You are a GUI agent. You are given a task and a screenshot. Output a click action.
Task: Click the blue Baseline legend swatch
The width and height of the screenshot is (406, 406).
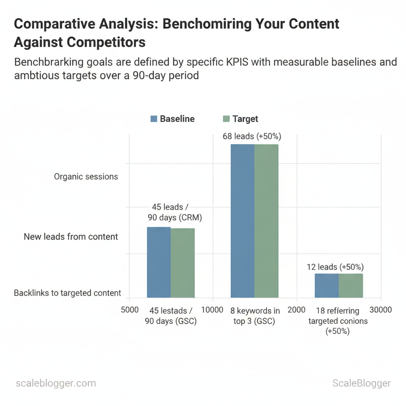pyautogui.click(x=154, y=119)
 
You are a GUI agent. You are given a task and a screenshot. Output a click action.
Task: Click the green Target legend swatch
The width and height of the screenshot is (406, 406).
pyautogui.click(x=226, y=119)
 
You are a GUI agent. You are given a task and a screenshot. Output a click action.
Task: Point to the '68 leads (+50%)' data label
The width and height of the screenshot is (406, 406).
pyautogui.click(x=252, y=136)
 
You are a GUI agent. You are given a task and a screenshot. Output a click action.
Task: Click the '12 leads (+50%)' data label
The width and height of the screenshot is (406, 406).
pyautogui.click(x=335, y=267)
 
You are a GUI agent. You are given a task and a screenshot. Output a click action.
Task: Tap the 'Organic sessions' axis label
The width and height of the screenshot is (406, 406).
pyautogui.click(x=86, y=176)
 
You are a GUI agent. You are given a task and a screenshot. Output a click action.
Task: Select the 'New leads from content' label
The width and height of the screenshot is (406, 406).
pyautogui.click(x=71, y=237)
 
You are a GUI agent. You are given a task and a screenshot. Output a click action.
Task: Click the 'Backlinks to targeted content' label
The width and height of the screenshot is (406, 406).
pyautogui.click(x=67, y=293)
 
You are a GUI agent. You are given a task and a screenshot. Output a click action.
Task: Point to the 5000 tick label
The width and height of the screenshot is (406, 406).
pyautogui.click(x=130, y=310)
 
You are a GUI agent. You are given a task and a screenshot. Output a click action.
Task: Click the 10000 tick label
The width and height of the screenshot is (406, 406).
pyautogui.click(x=213, y=310)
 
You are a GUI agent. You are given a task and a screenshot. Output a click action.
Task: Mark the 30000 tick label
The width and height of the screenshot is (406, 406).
pyautogui.click(x=381, y=310)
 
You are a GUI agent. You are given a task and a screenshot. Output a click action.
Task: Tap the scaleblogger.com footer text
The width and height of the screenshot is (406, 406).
pyautogui.click(x=56, y=383)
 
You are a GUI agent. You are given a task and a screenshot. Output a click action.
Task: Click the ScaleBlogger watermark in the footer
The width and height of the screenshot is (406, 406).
pyautogui.click(x=361, y=383)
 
